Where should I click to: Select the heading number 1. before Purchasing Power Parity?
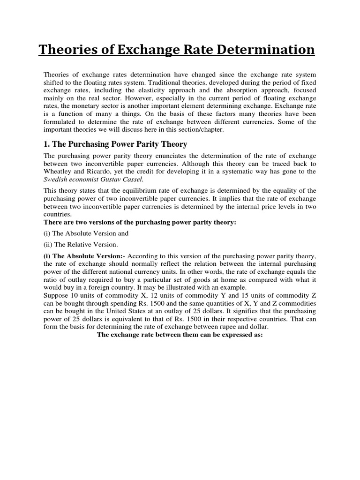pyautogui.click(x=47, y=144)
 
